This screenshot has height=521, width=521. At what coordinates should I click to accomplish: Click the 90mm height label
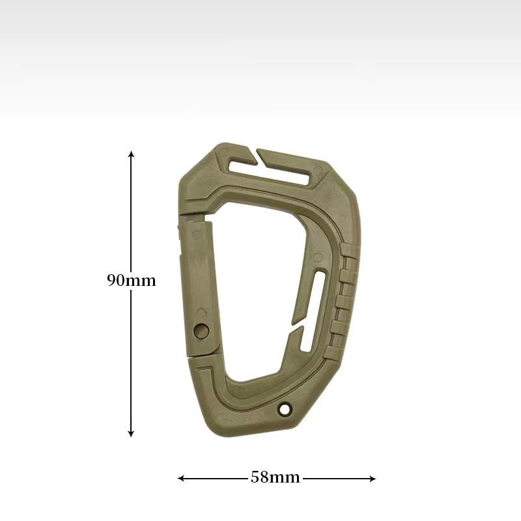(x=132, y=281)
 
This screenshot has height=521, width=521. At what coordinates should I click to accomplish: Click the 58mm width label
(x=275, y=477)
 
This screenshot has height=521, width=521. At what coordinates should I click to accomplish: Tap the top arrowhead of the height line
(x=132, y=154)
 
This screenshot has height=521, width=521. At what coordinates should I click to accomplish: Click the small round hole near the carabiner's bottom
(x=283, y=408)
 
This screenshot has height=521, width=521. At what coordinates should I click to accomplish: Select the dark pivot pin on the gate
(x=201, y=330)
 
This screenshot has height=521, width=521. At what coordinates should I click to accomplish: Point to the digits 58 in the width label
(x=259, y=477)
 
